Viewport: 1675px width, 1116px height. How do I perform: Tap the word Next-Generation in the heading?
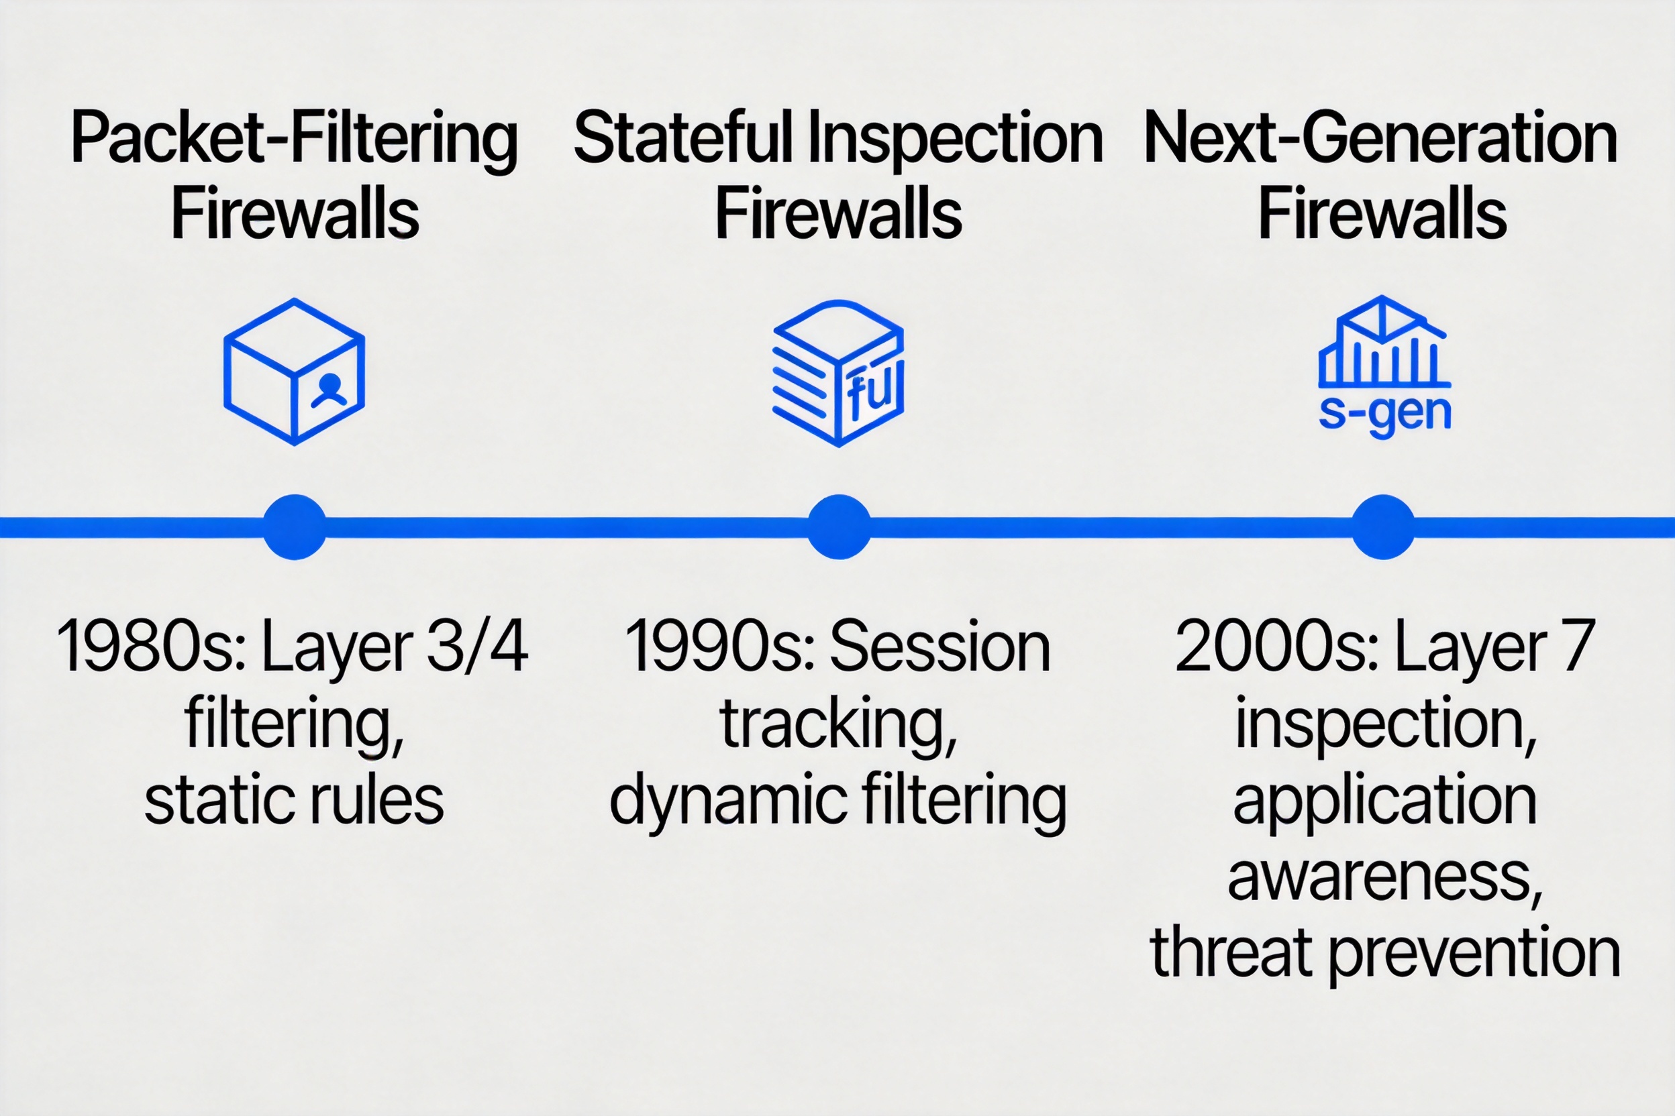1381,139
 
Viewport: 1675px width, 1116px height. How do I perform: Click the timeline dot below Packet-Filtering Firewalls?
295,526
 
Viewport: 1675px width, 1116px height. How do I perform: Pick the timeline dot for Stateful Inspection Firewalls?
839,526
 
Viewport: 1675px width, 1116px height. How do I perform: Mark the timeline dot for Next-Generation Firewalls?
1383,526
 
